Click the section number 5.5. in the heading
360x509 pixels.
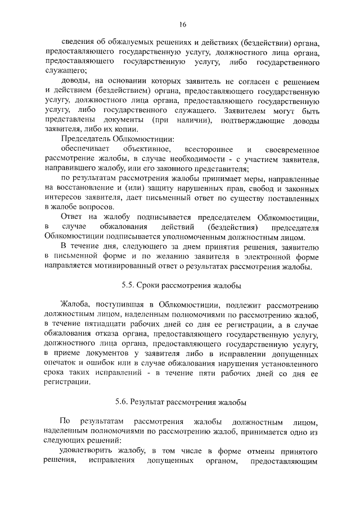point(130,285)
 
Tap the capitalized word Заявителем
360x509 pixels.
point(245,110)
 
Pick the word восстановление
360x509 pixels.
point(86,188)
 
